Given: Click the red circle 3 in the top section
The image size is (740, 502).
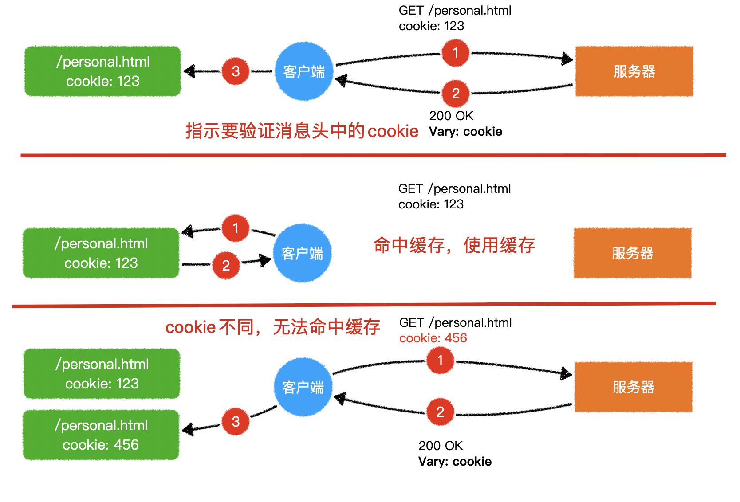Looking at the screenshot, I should point(236,71).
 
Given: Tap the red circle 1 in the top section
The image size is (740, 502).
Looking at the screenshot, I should point(455,53).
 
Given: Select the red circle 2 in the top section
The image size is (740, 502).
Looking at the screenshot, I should point(455,94).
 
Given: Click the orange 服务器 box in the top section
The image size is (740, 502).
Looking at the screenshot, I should point(634,71).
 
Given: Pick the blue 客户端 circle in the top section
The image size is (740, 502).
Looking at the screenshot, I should point(304,71).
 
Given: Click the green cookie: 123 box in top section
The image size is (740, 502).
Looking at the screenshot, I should point(102,71).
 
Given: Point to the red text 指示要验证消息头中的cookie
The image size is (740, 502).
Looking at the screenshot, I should point(302,131).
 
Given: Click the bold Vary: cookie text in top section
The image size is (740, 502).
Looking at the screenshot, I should point(465,132).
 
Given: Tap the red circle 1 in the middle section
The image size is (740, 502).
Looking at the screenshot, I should point(236,228).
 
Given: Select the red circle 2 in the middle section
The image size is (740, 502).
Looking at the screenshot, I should point(226,265).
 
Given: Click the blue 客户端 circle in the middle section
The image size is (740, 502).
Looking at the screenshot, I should point(302,253).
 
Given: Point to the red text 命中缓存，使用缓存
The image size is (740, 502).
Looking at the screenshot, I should point(454,245).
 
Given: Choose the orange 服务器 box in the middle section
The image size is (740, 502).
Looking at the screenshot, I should point(632,253).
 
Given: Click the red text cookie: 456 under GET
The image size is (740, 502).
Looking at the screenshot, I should point(433,338).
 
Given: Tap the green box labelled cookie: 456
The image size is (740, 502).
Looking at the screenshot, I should point(101,435).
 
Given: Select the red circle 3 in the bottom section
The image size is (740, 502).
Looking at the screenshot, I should point(236,421).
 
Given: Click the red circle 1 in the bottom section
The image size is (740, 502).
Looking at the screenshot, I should point(440,361).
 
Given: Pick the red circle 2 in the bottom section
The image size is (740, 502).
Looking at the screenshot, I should point(440,412).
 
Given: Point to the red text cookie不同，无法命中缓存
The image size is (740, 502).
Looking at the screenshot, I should point(272,327).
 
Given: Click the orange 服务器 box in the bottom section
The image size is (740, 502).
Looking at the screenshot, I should point(633,387).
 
